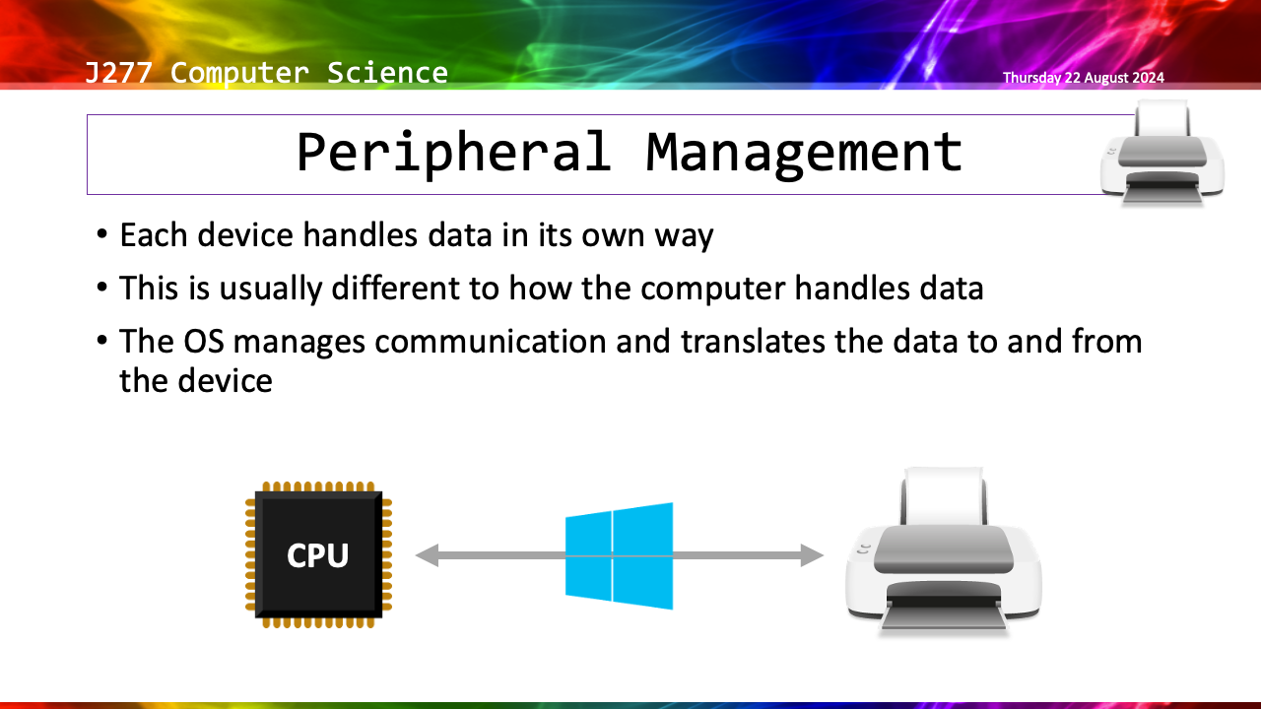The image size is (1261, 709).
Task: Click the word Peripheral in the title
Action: (x=453, y=153)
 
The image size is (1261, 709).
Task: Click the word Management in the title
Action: (x=804, y=153)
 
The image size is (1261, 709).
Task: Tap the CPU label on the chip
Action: (x=317, y=556)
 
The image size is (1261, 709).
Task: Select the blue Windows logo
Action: (x=619, y=555)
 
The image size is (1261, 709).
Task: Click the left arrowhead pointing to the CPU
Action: (x=427, y=556)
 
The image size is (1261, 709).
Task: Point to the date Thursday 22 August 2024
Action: (x=1083, y=78)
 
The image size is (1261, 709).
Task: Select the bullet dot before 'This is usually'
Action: (x=103, y=290)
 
